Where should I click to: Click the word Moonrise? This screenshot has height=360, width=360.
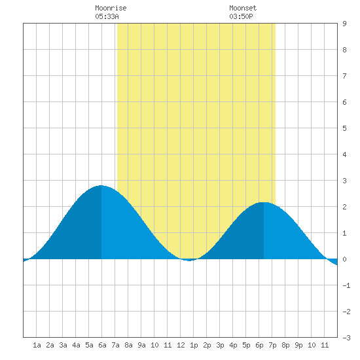click(x=111, y=8)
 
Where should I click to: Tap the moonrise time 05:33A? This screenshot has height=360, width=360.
click(x=107, y=16)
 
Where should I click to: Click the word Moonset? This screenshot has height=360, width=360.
click(x=243, y=8)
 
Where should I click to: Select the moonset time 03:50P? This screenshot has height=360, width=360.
click(x=241, y=16)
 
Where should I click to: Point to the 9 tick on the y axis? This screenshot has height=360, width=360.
click(x=344, y=24)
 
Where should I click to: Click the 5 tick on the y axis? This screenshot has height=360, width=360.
click(x=344, y=128)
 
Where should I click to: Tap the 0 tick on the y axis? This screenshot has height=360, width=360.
click(x=344, y=259)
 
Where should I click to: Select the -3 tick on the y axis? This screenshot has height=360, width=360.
click(x=346, y=338)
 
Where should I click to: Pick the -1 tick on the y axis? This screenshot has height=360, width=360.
click(x=346, y=285)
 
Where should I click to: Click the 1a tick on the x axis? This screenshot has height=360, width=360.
click(x=37, y=345)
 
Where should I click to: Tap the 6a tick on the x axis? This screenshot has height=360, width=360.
click(x=102, y=345)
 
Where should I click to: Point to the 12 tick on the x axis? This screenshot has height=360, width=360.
click(x=181, y=345)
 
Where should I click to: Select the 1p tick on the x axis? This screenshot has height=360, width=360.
click(x=194, y=345)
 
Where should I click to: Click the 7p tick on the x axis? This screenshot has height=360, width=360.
click(x=272, y=345)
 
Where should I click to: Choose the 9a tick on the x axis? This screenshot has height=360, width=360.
click(x=141, y=345)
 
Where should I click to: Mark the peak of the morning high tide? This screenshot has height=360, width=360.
click(x=101, y=185)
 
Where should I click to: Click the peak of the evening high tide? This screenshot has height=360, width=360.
click(x=264, y=202)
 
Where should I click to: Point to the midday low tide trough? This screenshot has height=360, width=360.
click(x=189, y=261)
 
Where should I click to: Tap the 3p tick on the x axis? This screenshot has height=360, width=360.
click(x=220, y=345)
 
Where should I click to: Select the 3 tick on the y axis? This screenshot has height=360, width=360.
click(x=344, y=181)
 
